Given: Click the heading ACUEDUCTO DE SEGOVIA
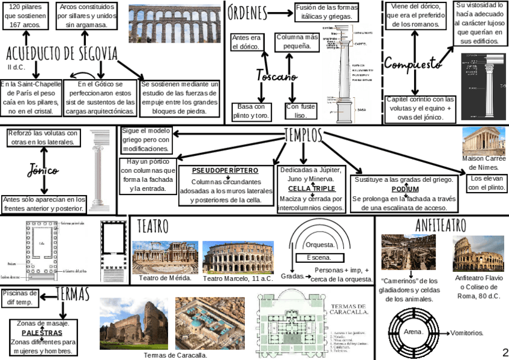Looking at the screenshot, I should pyautogui.click(x=62, y=54).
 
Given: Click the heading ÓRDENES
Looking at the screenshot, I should pyautogui.click(x=247, y=11).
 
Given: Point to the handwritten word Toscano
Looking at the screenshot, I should pyautogui.click(x=277, y=77).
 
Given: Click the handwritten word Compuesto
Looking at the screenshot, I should pyautogui.click(x=413, y=63).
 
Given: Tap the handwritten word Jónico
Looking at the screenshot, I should pyautogui.click(x=43, y=171).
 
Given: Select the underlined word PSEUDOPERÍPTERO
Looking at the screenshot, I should pyautogui.click(x=226, y=170).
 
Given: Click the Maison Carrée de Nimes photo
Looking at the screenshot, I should pyautogui.click(x=483, y=141).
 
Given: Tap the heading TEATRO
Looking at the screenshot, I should pyautogui.click(x=153, y=227).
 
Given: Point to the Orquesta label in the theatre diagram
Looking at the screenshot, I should pyautogui.click(x=319, y=245).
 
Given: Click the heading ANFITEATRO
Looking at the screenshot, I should pyautogui.click(x=441, y=225).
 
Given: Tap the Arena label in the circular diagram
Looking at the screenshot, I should pyautogui.click(x=414, y=332).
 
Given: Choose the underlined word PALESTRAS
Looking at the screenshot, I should pyautogui.click(x=42, y=332).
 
